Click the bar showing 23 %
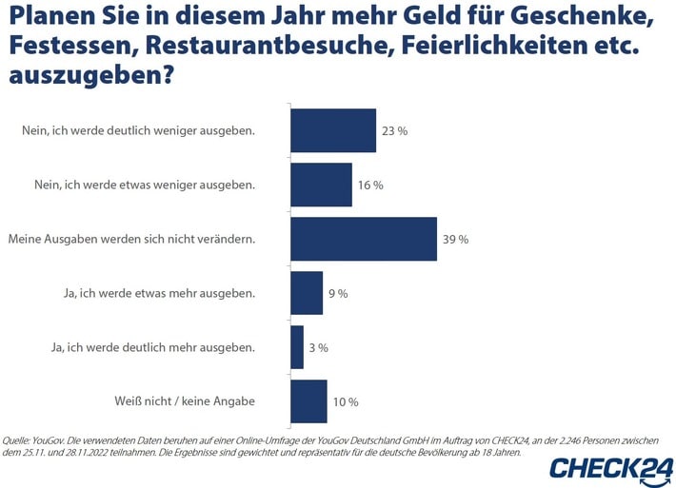pyautogui.click(x=333, y=130)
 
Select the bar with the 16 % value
pyautogui.click(x=321, y=185)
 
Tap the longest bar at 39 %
pyautogui.click(x=363, y=239)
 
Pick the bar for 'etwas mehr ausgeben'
pyautogui.click(x=307, y=293)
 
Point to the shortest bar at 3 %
pyautogui.click(x=297, y=347)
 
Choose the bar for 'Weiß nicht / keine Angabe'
pyautogui.click(x=308, y=401)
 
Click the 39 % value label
pyautogui.click(x=456, y=240)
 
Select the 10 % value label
pyautogui.click(x=346, y=402)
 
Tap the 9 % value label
pyautogui.click(x=337, y=294)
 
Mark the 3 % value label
pyautogui.click(x=317, y=348)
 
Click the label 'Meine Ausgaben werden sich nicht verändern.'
pyautogui.click(x=131, y=239)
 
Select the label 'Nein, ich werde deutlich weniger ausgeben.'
pyautogui.click(x=139, y=130)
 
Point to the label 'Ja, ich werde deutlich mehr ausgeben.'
pyautogui.click(x=152, y=347)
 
